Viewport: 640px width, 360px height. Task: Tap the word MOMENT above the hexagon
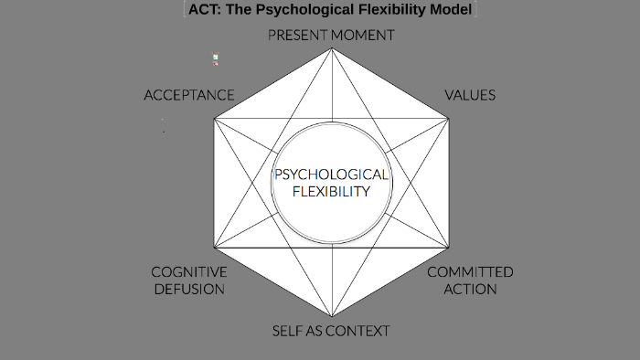[x=363, y=36]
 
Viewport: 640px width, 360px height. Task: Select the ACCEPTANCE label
[x=189, y=95]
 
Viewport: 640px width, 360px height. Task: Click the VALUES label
[x=469, y=95]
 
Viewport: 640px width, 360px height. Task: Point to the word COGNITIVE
[x=189, y=272]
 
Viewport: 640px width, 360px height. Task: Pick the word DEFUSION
[x=189, y=289]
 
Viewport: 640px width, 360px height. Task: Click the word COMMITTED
[x=470, y=272]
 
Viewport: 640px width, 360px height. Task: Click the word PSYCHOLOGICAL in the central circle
[x=332, y=175]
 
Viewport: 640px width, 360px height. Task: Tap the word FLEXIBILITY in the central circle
[x=332, y=192]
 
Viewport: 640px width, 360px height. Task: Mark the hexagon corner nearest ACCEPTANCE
[x=214, y=117]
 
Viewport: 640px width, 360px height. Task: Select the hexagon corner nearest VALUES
[x=448, y=117]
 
